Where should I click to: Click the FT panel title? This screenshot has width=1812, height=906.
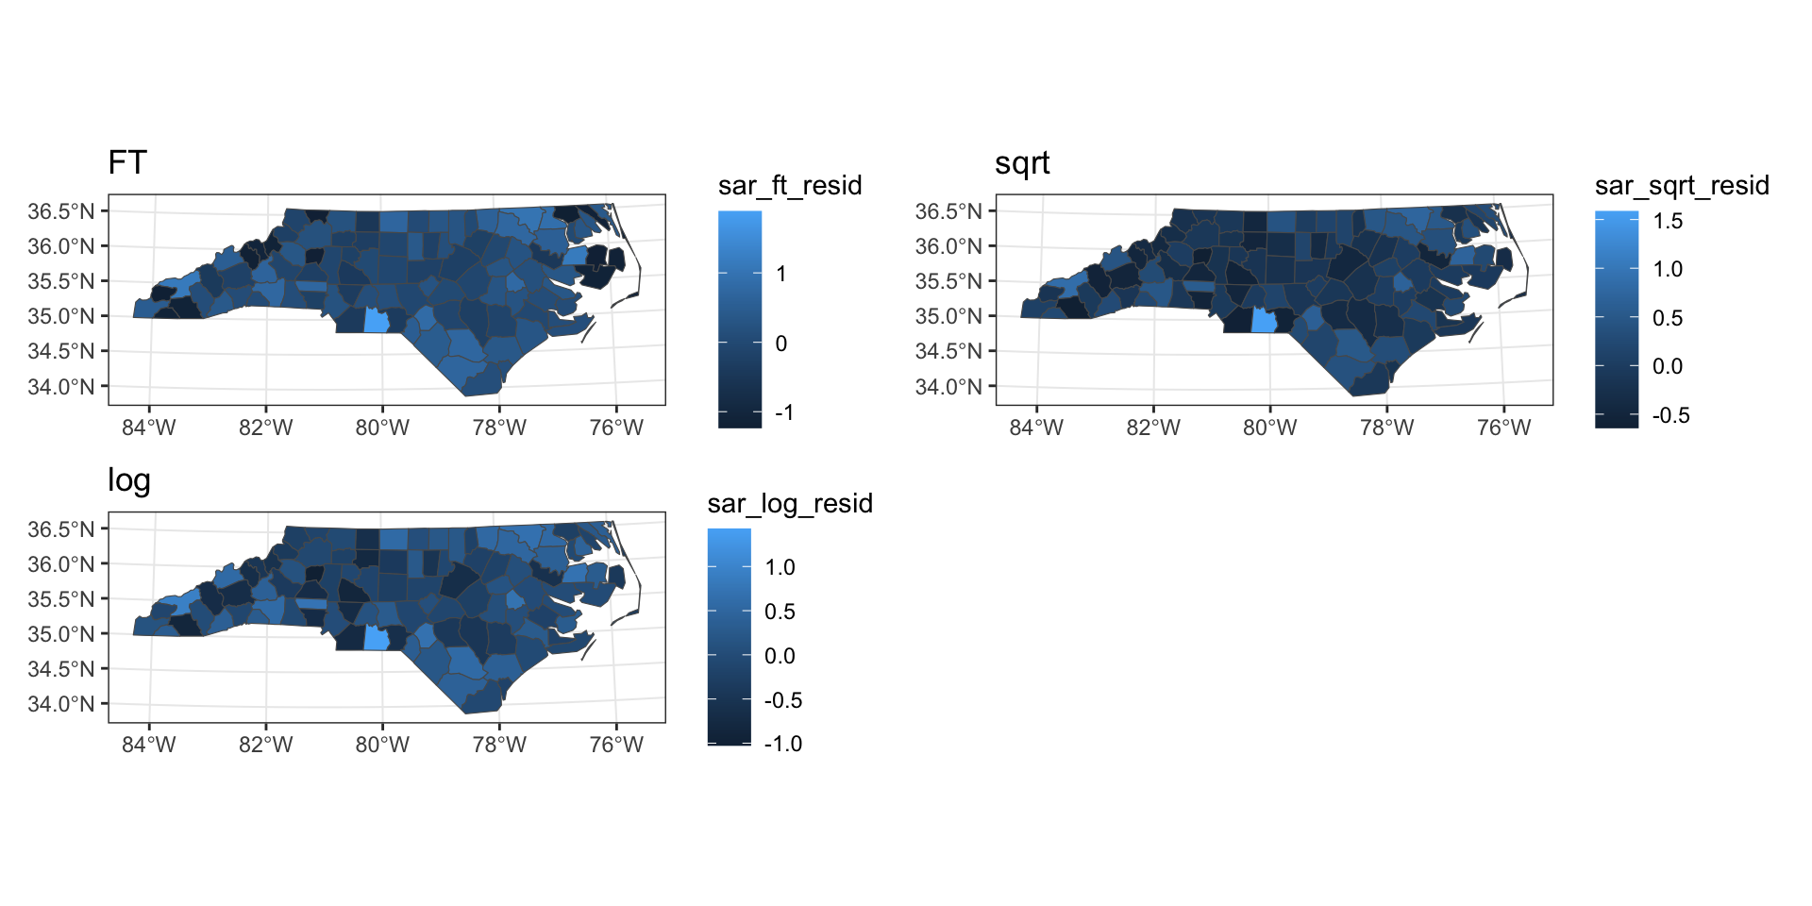coord(127,162)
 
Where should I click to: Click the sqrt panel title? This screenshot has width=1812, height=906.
coord(1022,163)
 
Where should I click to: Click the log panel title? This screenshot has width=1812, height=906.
coord(129,480)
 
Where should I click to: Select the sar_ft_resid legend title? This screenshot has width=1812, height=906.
coord(790,185)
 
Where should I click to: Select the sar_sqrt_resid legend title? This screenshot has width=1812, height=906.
coord(1682,185)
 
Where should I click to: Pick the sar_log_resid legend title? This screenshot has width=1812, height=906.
coord(790,503)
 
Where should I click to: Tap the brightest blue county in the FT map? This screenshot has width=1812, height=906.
coord(376,321)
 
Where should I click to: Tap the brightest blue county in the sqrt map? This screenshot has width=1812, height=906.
coord(1264,321)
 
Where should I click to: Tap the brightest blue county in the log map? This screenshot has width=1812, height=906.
coord(376,639)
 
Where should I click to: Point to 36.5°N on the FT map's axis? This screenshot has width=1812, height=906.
coord(61,211)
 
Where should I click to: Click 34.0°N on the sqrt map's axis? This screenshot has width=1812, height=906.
coord(948,387)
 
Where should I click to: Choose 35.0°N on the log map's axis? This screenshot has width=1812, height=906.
coord(61,634)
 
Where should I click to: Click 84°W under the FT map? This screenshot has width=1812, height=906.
coord(149,428)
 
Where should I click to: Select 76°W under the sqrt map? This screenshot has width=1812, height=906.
coord(1503,428)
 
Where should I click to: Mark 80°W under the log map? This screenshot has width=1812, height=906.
coord(382,745)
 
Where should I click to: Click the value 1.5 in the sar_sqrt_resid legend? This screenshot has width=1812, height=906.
coord(1668,221)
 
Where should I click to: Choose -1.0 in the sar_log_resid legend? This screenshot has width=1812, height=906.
coord(783,744)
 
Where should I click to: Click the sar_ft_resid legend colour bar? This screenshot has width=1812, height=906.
coord(740,319)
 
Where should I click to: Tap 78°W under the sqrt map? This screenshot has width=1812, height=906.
coord(1386,428)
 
